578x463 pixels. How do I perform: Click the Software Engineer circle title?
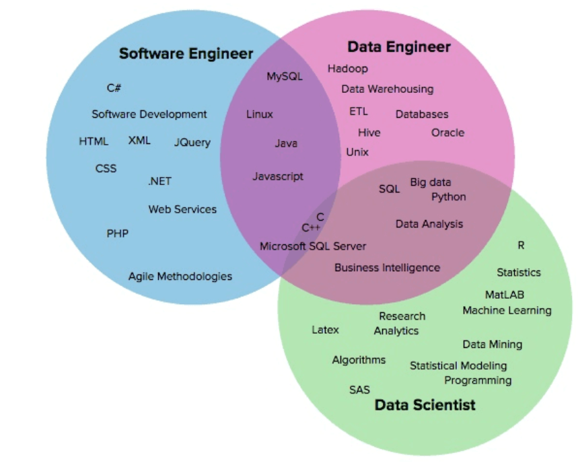pos(186,54)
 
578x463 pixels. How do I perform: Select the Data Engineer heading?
pos(398,47)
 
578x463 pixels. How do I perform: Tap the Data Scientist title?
pos(425,404)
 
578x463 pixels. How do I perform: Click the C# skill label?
pos(114,87)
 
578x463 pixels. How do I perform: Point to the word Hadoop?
pos(347,69)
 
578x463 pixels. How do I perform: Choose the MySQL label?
pos(285,76)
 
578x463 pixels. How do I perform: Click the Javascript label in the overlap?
pos(278,176)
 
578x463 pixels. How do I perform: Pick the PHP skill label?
pos(117,234)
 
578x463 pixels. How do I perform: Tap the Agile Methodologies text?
pos(180,276)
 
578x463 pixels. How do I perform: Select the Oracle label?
pos(447,133)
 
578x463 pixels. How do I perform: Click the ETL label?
pos(359,111)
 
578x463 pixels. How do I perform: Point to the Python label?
pos(448,197)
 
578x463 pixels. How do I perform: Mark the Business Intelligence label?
pos(387,267)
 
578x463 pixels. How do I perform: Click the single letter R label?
pos(521,246)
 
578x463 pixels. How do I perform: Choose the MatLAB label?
pos(504,295)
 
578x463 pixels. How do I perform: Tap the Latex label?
pos(325,330)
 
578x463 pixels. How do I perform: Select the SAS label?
pos(359,390)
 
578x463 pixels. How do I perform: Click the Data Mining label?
pos(492,345)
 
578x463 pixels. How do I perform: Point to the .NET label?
pos(159,181)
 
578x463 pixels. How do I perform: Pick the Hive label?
pos(369,133)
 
